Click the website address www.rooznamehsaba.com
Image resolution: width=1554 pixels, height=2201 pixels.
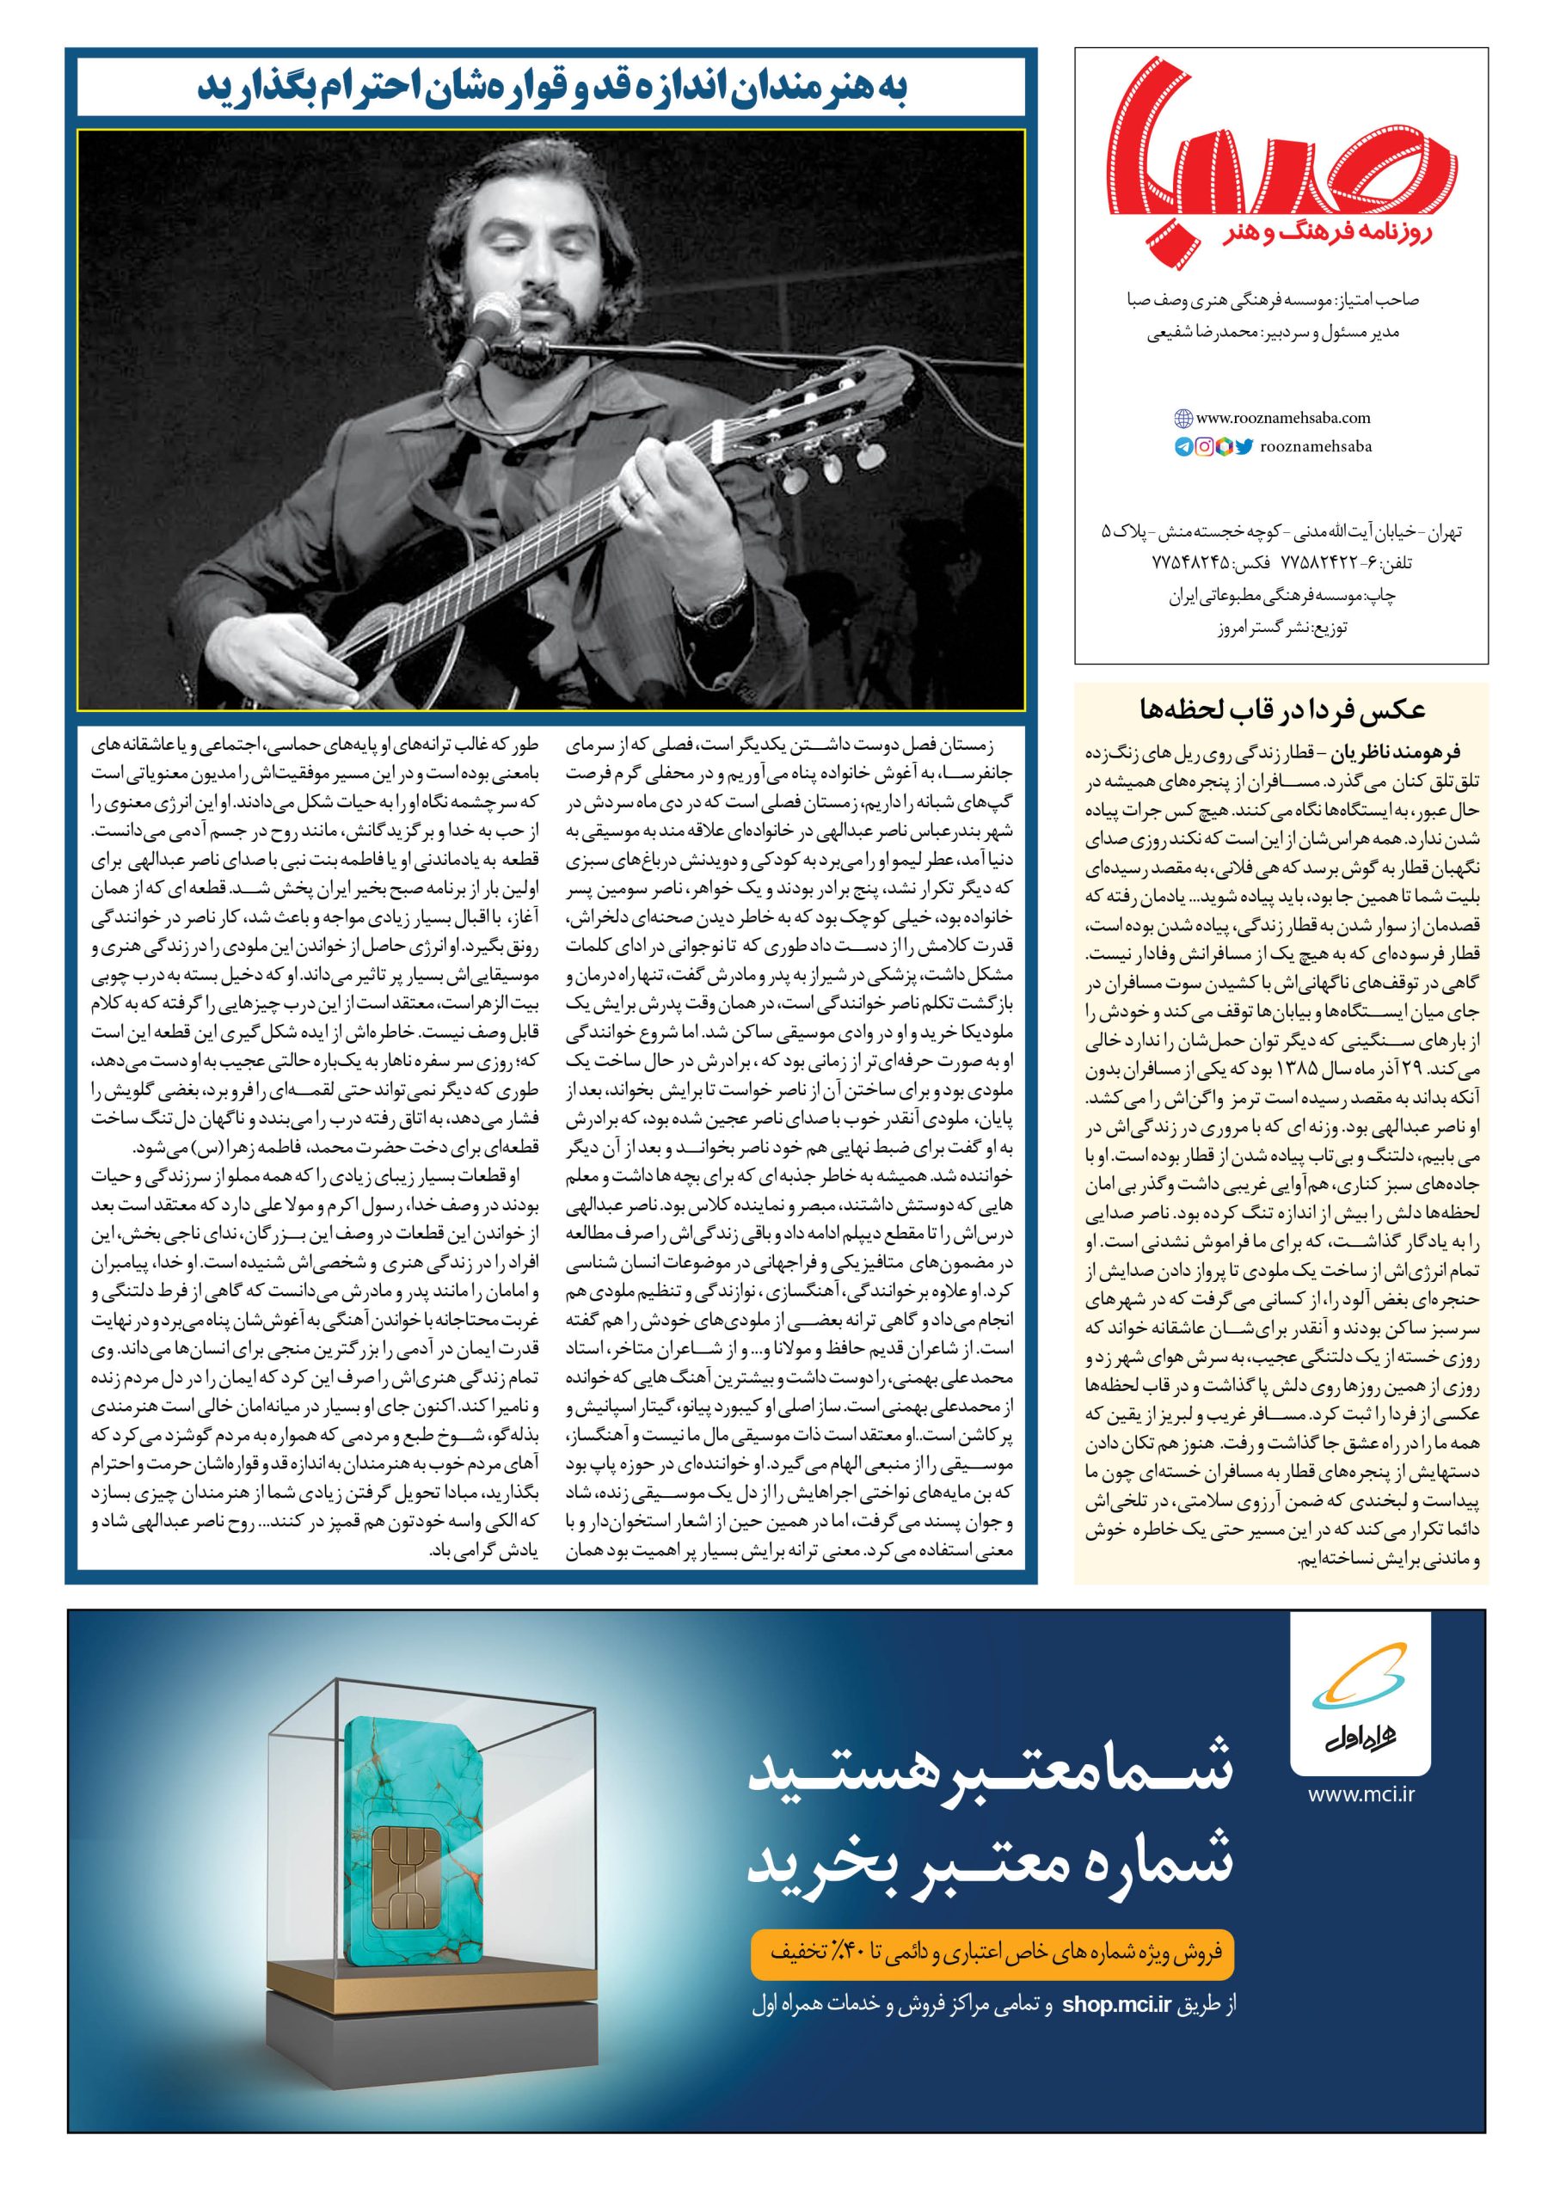1284,418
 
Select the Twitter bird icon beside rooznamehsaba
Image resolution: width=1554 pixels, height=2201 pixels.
1244,445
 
